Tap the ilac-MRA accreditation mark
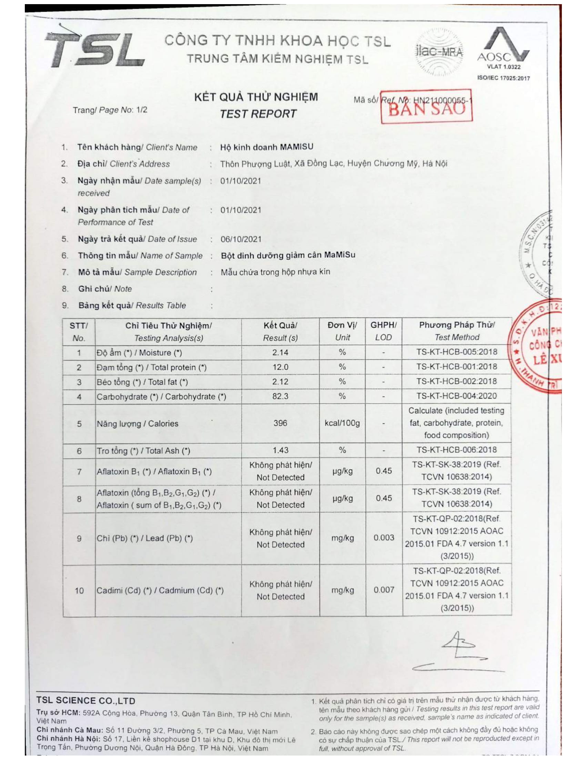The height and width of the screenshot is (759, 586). tap(439, 52)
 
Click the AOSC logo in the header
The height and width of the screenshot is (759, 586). tap(503, 49)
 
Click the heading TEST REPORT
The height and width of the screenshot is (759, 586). tap(258, 114)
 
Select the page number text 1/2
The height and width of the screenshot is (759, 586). tap(142, 110)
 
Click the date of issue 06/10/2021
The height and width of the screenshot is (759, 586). tap(241, 239)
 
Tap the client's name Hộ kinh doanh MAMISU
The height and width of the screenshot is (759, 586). tap(266, 147)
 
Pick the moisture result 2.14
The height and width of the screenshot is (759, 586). tap(280, 352)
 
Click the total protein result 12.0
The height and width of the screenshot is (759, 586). tap(280, 367)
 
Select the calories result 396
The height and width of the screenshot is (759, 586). tap(280, 423)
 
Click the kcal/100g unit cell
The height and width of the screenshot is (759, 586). tap(342, 423)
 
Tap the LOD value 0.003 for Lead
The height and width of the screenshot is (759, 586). tap(384, 538)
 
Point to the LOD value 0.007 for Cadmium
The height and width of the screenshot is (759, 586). tap(384, 590)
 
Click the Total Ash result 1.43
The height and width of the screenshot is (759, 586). tap(280, 450)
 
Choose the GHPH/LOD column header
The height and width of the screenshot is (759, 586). tap(383, 331)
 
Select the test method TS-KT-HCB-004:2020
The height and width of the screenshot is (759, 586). tap(456, 396)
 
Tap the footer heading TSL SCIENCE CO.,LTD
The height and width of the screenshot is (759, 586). tap(86, 701)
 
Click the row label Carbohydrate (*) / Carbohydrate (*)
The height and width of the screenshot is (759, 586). tap(161, 396)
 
